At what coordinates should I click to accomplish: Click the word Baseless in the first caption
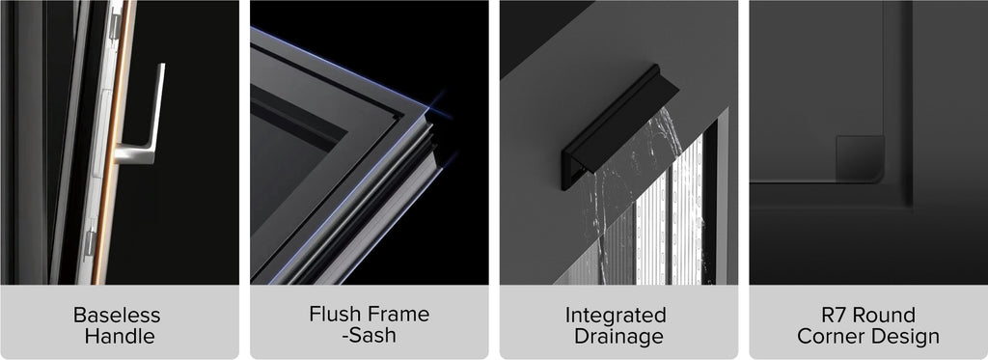(117, 315)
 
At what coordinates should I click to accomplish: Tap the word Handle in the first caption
(120, 336)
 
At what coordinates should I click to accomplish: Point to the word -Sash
(369, 335)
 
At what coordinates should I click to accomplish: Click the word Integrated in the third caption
(616, 315)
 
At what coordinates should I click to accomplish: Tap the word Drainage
(618, 336)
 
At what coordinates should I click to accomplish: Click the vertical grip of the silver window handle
(157, 107)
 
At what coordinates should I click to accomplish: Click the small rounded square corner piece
(860, 157)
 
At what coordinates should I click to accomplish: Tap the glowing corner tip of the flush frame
(427, 112)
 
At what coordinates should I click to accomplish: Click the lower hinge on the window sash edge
(91, 242)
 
